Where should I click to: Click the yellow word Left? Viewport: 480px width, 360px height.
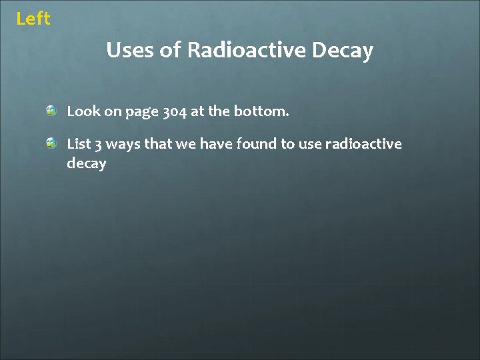pyautogui.click(x=33, y=19)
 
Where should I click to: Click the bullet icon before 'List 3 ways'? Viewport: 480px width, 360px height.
pyautogui.click(x=51, y=143)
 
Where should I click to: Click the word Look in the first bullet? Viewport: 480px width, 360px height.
pyautogui.click(x=83, y=111)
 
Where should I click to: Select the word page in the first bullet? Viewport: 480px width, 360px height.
pyautogui.click(x=140, y=113)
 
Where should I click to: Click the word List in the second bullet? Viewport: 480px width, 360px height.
pyautogui.click(x=79, y=143)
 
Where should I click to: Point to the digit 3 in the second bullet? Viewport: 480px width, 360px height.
pyautogui.click(x=99, y=145)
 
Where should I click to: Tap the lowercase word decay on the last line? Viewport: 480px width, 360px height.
pyautogui.click(x=87, y=164)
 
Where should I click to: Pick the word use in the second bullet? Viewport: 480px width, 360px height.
pyautogui.click(x=310, y=144)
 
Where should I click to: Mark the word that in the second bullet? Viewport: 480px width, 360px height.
pyautogui.click(x=159, y=143)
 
